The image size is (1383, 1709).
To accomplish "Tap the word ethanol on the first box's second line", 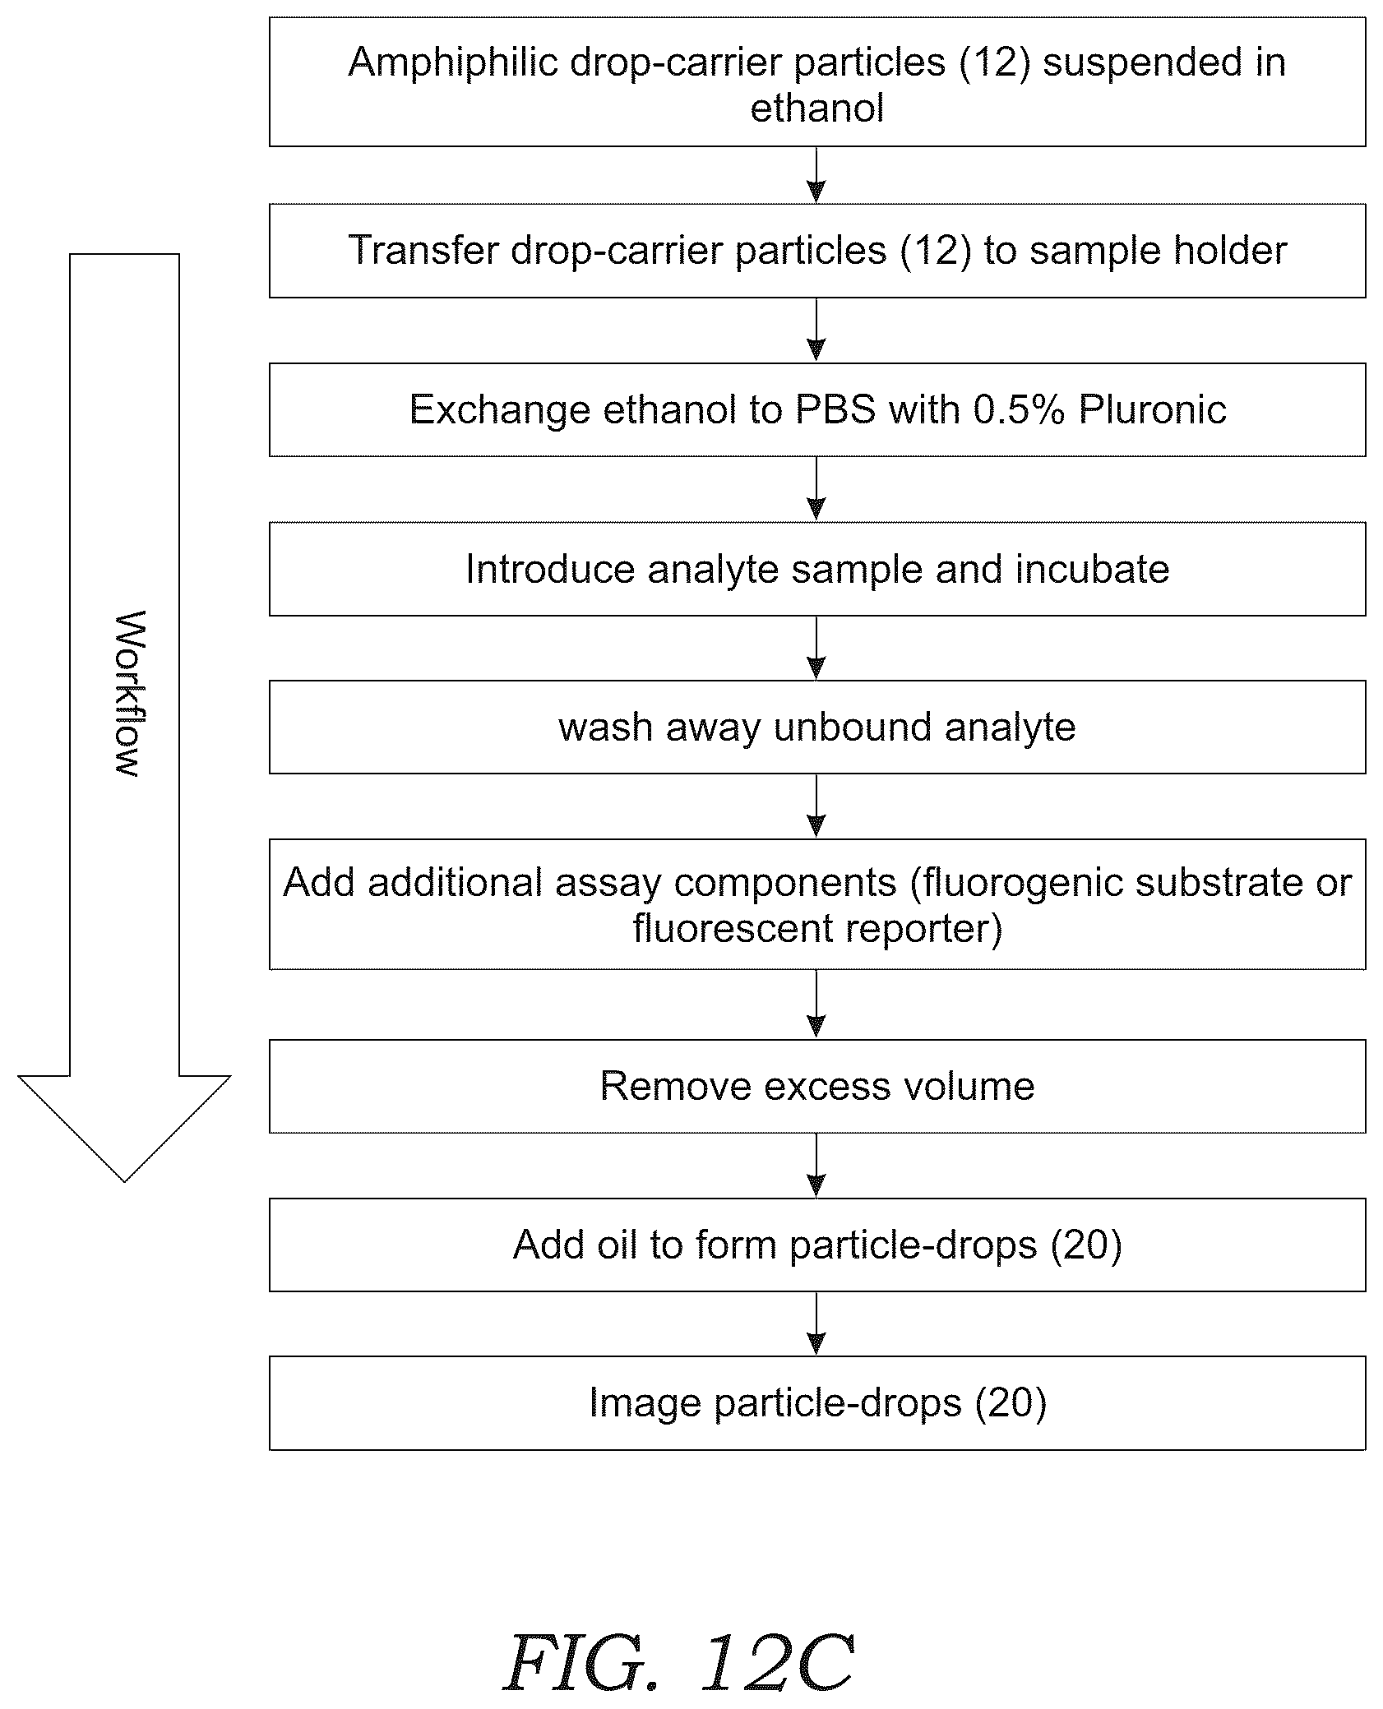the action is pyautogui.click(x=816, y=109).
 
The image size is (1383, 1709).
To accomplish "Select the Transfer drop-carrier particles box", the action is pyautogui.click(x=817, y=251).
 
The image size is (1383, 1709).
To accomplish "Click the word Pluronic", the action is pyautogui.click(x=1153, y=409).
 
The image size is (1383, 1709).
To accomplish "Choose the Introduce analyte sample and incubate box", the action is pyautogui.click(x=817, y=569).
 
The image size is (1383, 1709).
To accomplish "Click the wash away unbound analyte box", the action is pyautogui.click(x=817, y=727).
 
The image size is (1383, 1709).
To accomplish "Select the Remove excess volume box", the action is pyautogui.click(x=817, y=1086).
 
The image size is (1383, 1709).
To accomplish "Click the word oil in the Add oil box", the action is pyautogui.click(x=620, y=1245).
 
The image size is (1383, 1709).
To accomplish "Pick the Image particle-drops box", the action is pyautogui.click(x=817, y=1402).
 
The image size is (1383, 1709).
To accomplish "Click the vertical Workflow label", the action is pyautogui.click(x=126, y=693).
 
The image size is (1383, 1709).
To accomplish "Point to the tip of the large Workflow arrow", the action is pyautogui.click(x=124, y=1181).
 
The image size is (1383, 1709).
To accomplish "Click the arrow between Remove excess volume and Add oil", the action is pyautogui.click(x=816, y=1165).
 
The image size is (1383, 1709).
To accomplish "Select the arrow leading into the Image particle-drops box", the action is pyautogui.click(x=816, y=1323).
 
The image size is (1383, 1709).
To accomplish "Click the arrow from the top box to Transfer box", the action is pyautogui.click(x=816, y=175).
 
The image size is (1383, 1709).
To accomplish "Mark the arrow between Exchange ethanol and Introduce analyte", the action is pyautogui.click(x=816, y=489).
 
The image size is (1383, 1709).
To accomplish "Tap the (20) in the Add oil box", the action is pyautogui.click(x=1086, y=1245).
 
